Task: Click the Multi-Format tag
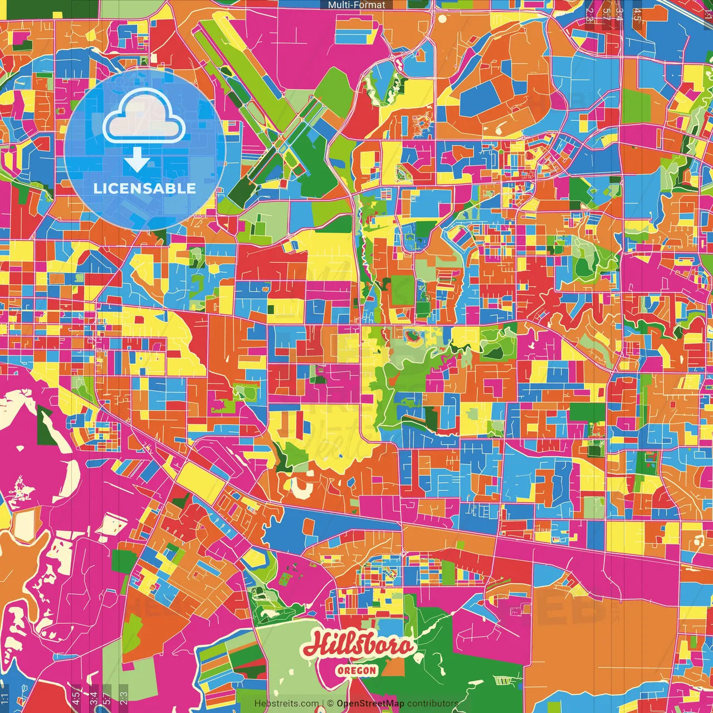pyautogui.click(x=356, y=5)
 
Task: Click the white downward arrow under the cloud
pyautogui.click(x=136, y=160)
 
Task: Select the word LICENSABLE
pyautogui.click(x=145, y=188)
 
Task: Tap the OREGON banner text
pyautogui.click(x=356, y=670)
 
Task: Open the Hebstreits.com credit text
pyautogui.click(x=287, y=704)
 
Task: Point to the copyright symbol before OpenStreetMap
pyautogui.click(x=330, y=704)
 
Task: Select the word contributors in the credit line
pyautogui.click(x=433, y=704)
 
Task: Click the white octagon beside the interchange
pyautogui.click(x=442, y=18)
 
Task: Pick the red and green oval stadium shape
pyautogui.click(x=413, y=335)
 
